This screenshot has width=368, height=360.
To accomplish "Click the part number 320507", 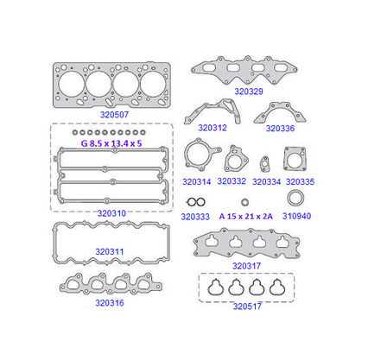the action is coord(114,115).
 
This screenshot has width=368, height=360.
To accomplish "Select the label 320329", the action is coord(249,92).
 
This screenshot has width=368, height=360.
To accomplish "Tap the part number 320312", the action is coord(213,128).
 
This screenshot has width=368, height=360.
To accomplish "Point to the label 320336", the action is coord(280,129).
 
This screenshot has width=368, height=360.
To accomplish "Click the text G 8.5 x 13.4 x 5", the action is coord(111,143).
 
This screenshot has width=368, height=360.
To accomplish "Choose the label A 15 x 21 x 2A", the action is coord(245,217).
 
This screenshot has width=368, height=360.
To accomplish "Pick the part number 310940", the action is coord(296,216).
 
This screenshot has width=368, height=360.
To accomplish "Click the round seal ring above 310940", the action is coord(295,192).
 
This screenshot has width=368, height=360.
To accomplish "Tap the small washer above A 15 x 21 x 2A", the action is coord(245,202).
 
